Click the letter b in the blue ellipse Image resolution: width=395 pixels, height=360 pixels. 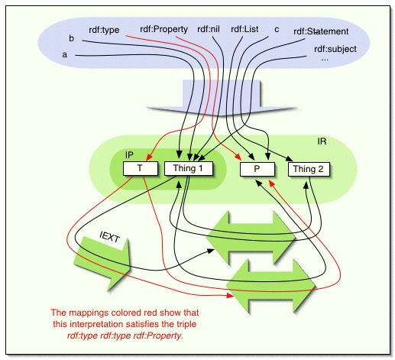[71, 37]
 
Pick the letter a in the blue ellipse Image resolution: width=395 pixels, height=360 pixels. [65, 55]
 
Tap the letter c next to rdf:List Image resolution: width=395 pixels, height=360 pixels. [277, 30]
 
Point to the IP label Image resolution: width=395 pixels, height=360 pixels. [130, 154]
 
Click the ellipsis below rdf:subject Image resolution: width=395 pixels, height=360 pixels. [325, 59]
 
